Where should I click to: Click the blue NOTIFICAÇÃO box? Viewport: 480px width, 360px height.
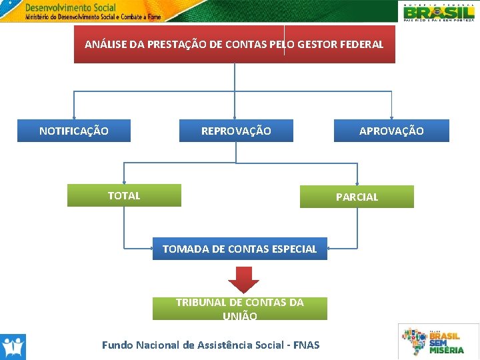pyautogui.click(x=73, y=131)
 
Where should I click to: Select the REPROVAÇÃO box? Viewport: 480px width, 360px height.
pyautogui.click(x=236, y=131)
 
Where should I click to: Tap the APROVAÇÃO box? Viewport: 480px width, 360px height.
pyautogui.click(x=391, y=131)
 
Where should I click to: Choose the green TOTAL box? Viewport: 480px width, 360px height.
pyautogui.click(x=124, y=195)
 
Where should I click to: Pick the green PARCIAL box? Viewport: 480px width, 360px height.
pyautogui.click(x=357, y=197)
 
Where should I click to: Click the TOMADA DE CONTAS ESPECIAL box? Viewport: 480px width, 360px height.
pyautogui.click(x=240, y=249)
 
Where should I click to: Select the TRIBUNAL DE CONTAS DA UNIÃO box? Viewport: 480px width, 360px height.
pyautogui.click(x=240, y=309)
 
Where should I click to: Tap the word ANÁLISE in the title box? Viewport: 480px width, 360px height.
pyautogui.click(x=105, y=45)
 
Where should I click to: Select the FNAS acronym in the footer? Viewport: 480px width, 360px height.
pyautogui.click(x=306, y=345)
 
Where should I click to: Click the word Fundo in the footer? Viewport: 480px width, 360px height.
pyautogui.click(x=117, y=345)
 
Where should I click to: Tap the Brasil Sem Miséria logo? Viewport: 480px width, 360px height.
pyautogui.click(x=438, y=341)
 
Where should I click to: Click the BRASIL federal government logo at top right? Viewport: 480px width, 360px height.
pyautogui.click(x=439, y=11)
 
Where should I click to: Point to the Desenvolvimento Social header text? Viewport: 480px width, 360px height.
pyautogui.click(x=70, y=9)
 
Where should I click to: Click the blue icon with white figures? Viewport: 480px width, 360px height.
pyautogui.click(x=13, y=347)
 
